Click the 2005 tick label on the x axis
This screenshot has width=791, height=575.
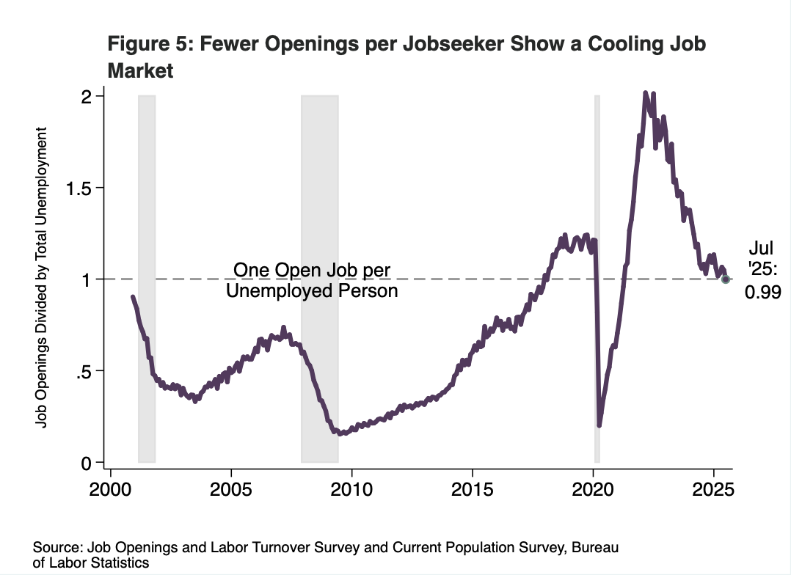coord(231,490)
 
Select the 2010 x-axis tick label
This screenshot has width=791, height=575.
coord(351,490)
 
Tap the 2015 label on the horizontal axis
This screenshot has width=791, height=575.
coord(473,490)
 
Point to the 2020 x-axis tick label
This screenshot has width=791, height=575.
coord(594,490)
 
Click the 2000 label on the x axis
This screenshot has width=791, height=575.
coord(111,490)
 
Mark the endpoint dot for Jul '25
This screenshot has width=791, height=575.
coord(726,279)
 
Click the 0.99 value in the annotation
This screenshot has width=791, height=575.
coord(762,293)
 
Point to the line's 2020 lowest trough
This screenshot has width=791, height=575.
coord(599,425)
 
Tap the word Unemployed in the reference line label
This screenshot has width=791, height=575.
coord(272,291)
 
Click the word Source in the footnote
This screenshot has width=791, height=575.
coord(57,549)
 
